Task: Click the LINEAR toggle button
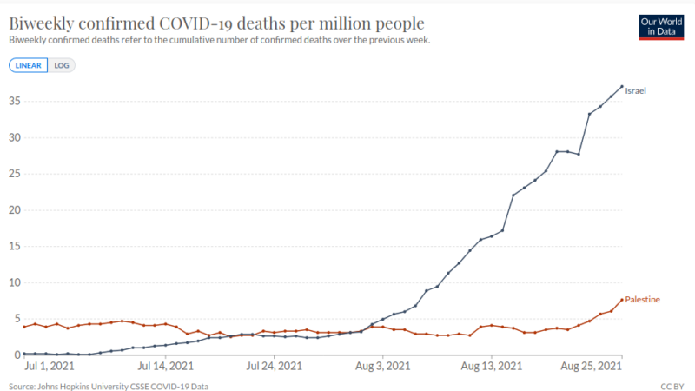click(x=29, y=66)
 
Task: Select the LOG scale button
click(x=62, y=66)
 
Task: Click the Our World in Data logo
click(x=661, y=27)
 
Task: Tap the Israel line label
click(x=635, y=91)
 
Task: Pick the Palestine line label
click(x=642, y=300)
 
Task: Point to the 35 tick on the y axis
click(x=15, y=101)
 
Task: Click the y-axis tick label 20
click(x=15, y=210)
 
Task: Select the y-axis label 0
click(x=17, y=355)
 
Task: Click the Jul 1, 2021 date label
click(x=50, y=366)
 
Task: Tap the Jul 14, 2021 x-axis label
click(x=165, y=366)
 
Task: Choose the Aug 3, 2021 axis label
click(x=382, y=366)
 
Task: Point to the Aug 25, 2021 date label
click(x=591, y=366)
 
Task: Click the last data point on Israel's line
click(x=622, y=86)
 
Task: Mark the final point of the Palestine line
click(x=622, y=300)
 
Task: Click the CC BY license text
click(x=672, y=387)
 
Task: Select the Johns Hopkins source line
click(x=109, y=387)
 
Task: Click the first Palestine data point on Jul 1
click(x=24, y=327)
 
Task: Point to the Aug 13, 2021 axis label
click(x=491, y=366)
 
